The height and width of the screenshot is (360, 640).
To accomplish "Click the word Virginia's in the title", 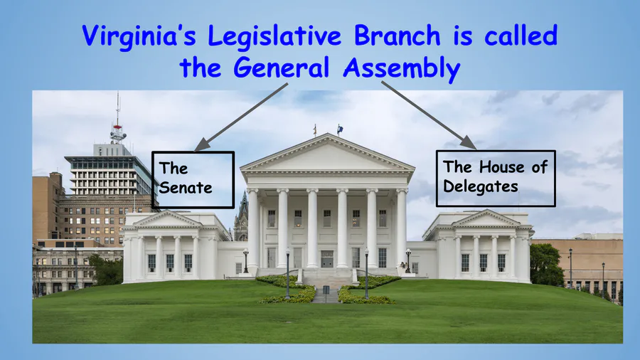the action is pyautogui.click(x=139, y=36).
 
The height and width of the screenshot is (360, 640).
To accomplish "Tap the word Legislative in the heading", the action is pyautogui.click(x=274, y=36).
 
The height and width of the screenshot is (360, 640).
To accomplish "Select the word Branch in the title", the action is pyautogui.click(x=397, y=35).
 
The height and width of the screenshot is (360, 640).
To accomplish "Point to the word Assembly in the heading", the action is pyautogui.click(x=402, y=68).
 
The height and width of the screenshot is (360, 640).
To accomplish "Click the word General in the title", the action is pyautogui.click(x=281, y=68).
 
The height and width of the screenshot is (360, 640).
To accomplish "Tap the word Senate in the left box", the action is pyautogui.click(x=186, y=188).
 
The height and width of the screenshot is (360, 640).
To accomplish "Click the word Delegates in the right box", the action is pyautogui.click(x=481, y=187).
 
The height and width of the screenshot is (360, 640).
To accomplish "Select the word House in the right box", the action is pyautogui.click(x=502, y=167).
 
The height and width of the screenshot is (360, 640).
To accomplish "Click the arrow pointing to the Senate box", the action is pyautogui.click(x=241, y=117).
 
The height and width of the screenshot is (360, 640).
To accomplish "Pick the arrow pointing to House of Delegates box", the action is pyautogui.click(x=429, y=115).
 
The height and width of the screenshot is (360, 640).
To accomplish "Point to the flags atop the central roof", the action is pyautogui.click(x=327, y=129).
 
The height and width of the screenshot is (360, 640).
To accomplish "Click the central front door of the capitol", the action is pyautogui.click(x=327, y=259).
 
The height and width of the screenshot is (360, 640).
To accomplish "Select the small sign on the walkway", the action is pyautogui.click(x=326, y=290).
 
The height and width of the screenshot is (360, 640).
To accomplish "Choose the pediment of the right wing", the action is pyautogui.click(x=486, y=219).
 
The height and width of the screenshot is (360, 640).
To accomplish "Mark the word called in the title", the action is pyautogui.click(x=521, y=35).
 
